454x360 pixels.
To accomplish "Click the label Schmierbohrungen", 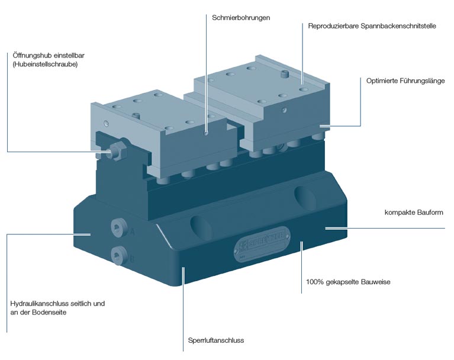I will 241,18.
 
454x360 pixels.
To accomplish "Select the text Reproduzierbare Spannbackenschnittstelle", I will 372,26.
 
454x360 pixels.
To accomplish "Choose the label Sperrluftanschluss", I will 216,340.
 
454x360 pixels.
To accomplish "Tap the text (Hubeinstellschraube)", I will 45,64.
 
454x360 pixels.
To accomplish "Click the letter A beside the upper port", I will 133,232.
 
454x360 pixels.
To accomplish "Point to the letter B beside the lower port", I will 133,258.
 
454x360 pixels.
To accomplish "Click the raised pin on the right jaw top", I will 285,75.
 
